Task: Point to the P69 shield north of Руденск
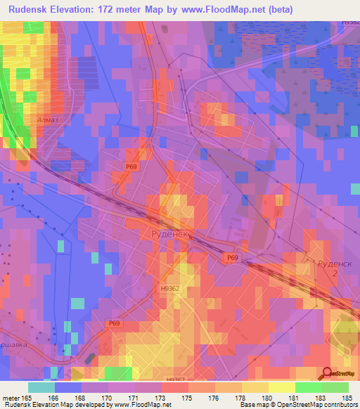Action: [131, 166]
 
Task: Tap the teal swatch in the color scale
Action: [41, 387]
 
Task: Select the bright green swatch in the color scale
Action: [308, 387]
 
